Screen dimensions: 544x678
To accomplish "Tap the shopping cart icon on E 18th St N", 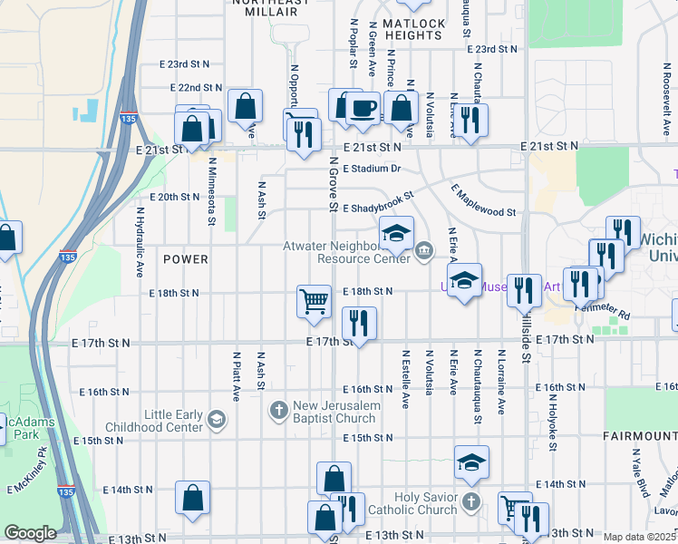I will point(314,301).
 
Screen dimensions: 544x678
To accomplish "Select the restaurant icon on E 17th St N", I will point(359,323).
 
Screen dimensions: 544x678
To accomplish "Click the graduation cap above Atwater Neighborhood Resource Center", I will point(396,234).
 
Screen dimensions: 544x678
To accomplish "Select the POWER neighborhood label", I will point(186,259).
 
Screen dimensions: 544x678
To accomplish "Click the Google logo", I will point(30,533).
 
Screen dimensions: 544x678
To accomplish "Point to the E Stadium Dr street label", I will point(372,169).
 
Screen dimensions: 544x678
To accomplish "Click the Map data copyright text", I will point(640,537).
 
